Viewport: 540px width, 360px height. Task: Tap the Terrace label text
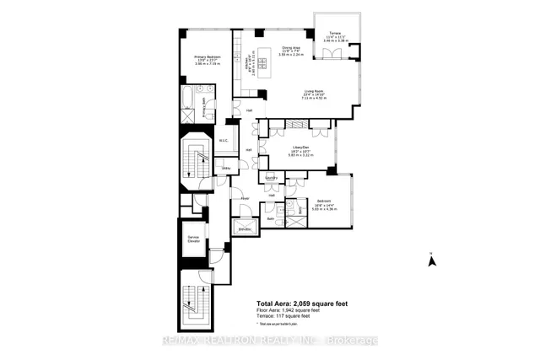pyautogui.click(x=334, y=35)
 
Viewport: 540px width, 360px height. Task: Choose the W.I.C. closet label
pyautogui.click(x=224, y=141)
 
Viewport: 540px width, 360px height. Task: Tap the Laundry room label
pyautogui.click(x=272, y=178)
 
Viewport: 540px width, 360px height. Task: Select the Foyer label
pyautogui.click(x=245, y=199)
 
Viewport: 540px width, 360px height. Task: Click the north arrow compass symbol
pyautogui.click(x=430, y=260)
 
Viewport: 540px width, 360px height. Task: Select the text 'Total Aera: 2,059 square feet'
pyautogui.click(x=302, y=304)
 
